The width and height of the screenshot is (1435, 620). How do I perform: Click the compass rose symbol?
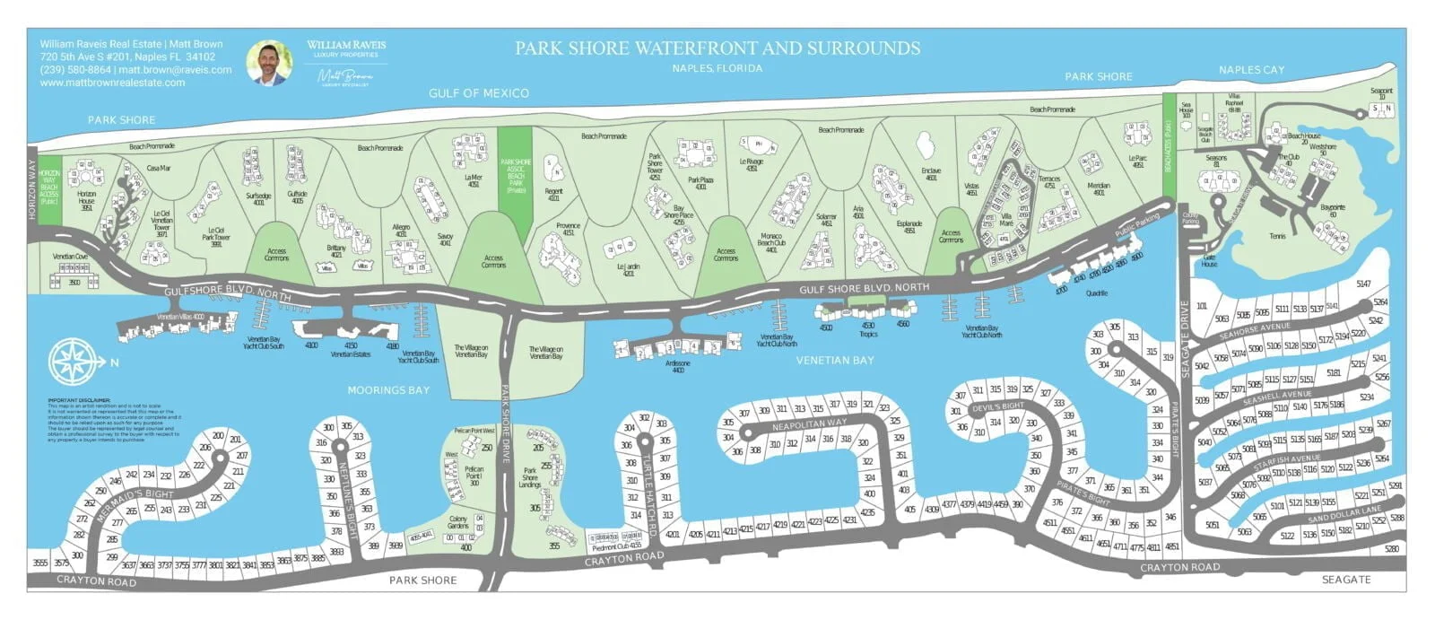[73, 361]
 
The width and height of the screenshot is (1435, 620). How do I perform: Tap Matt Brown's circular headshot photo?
[270, 63]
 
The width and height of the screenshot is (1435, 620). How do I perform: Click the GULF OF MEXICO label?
[478, 93]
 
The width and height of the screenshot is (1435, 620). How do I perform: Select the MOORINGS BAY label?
[388, 390]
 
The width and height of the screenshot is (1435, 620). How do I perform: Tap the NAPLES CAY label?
[1251, 70]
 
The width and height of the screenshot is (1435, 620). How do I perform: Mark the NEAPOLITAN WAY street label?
[809, 424]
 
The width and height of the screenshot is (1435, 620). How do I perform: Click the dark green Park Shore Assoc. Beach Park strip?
[516, 170]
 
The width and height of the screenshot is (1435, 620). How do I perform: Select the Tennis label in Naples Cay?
[1277, 237]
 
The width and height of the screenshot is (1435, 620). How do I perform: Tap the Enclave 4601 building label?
[931, 173]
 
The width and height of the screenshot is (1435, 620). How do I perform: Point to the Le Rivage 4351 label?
[751, 165]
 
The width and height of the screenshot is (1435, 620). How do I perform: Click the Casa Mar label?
[159, 168]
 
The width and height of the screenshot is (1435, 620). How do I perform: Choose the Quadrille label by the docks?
[1097, 293]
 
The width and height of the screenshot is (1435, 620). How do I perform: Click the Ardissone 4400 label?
[678, 366]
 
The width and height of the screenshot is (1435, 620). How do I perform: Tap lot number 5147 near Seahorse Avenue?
[1363, 284]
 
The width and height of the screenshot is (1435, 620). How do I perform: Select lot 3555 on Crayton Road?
[40, 563]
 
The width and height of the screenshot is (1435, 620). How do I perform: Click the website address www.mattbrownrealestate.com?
[112, 83]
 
